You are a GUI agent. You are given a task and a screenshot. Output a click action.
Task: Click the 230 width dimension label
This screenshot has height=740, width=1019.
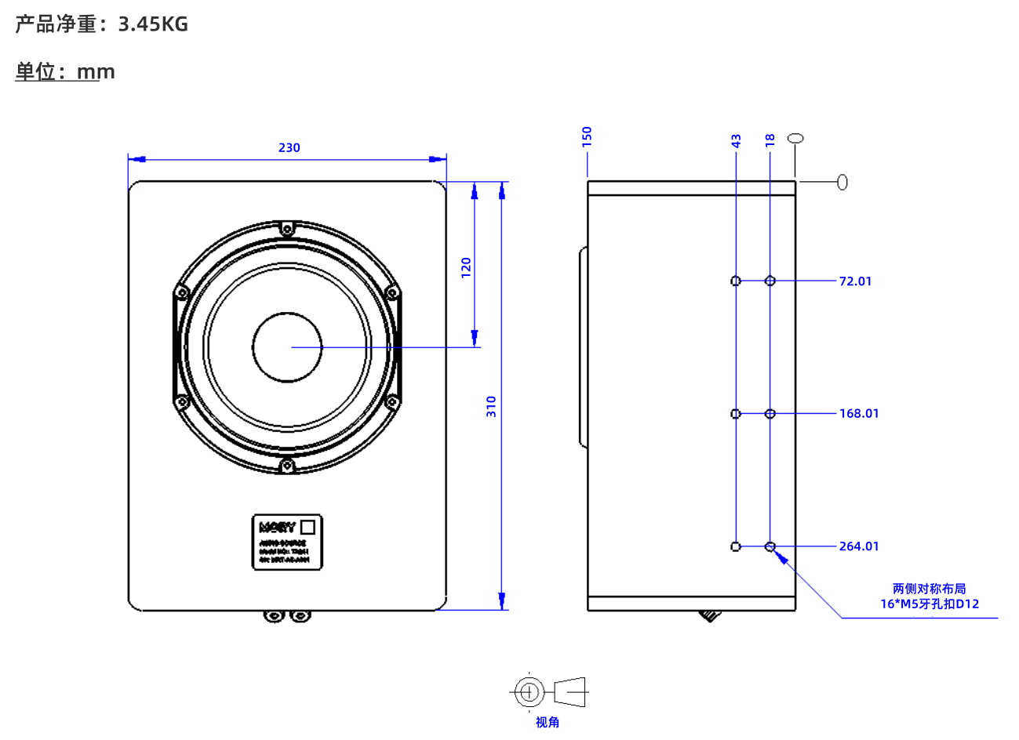(x=289, y=147)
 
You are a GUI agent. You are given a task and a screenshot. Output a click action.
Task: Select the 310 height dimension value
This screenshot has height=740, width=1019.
(x=491, y=406)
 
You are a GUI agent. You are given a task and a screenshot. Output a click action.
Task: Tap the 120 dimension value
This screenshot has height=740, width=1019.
(x=466, y=267)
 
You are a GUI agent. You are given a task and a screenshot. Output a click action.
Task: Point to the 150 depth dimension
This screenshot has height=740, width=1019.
(x=587, y=136)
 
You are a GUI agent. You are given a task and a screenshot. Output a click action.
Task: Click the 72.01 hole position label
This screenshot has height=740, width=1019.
(x=855, y=281)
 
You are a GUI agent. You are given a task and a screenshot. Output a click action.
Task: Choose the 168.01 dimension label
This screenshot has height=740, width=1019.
(x=858, y=413)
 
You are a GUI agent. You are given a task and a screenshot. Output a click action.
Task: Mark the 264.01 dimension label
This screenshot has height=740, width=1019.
(x=858, y=546)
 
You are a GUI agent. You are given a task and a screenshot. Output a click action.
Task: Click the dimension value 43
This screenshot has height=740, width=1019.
(x=736, y=141)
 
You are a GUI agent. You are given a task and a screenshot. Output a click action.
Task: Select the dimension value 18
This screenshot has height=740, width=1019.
(x=770, y=140)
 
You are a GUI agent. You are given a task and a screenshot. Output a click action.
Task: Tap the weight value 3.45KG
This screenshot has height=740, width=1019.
(x=153, y=24)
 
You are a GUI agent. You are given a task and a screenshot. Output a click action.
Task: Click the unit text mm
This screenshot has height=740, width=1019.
(x=96, y=72)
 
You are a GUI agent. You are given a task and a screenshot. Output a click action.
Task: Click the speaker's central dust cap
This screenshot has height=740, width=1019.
(x=287, y=347)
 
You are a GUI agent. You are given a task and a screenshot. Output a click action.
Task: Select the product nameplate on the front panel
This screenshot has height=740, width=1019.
(x=287, y=542)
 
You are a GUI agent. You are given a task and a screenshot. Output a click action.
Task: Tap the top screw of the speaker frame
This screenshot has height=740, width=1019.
(x=287, y=229)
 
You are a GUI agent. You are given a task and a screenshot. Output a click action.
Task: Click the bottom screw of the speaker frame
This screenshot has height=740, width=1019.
(x=287, y=466)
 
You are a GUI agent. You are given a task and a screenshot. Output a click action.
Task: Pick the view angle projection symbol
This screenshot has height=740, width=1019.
(x=548, y=691)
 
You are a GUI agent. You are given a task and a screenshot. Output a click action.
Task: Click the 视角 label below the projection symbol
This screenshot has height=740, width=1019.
(x=548, y=722)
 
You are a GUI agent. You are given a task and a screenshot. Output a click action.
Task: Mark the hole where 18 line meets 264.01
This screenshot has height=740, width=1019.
(x=770, y=546)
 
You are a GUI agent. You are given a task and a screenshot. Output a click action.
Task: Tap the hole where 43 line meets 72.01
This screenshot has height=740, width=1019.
(x=736, y=281)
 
